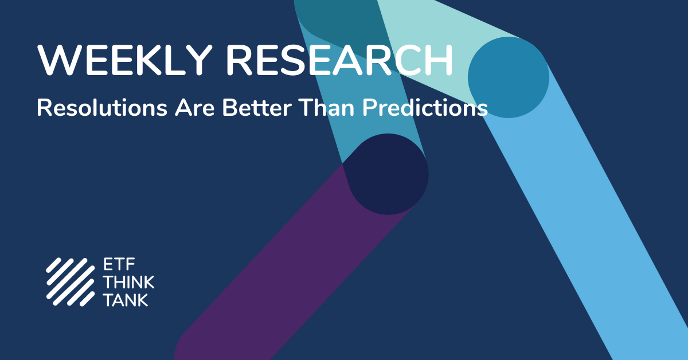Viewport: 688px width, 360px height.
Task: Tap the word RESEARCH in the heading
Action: pyautogui.click(x=339, y=60)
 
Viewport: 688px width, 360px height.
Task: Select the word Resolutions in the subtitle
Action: pyautogui.click(x=102, y=108)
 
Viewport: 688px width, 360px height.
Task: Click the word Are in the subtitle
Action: pyautogui.click(x=195, y=108)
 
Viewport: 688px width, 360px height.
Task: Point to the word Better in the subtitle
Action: pyautogui.click(x=257, y=108)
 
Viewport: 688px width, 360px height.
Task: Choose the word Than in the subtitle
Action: pyautogui.click(x=327, y=108)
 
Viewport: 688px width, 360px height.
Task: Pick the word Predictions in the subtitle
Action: pyautogui.click(x=425, y=108)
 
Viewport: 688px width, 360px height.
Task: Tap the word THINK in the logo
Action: pyautogui.click(x=128, y=282)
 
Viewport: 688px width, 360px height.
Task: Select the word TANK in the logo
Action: pyautogui.click(x=126, y=300)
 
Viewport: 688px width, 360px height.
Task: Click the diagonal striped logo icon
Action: pyautogui.click(x=71, y=282)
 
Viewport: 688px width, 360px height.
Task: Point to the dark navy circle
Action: pyautogui.click(x=388, y=174)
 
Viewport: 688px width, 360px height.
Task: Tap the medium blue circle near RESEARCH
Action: pyautogui.click(x=509, y=77)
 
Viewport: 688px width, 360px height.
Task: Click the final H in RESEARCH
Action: pyautogui.click(x=440, y=61)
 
